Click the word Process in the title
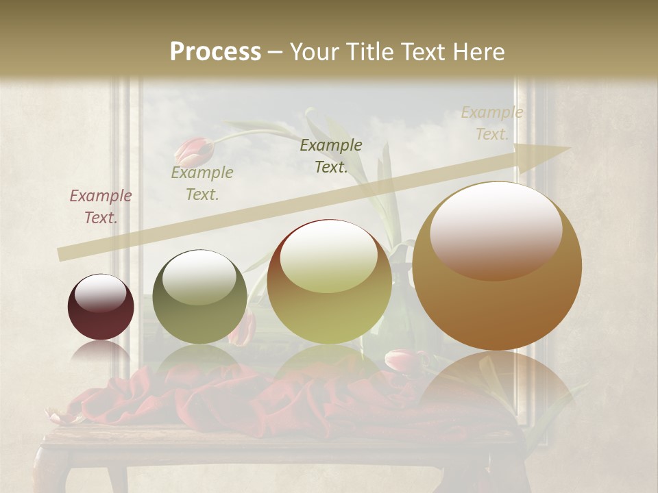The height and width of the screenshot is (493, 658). (x=215, y=52)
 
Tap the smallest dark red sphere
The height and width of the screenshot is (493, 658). (x=101, y=307)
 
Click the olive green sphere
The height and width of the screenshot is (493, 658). (x=199, y=296)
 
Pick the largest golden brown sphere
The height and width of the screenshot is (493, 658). (x=497, y=266)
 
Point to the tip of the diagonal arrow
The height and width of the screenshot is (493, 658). (x=569, y=149)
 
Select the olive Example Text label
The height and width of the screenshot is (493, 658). (x=202, y=184)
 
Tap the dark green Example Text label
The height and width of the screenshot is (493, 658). (x=331, y=155)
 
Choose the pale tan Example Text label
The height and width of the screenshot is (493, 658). (x=491, y=123)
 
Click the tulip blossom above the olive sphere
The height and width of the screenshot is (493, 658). (x=193, y=151)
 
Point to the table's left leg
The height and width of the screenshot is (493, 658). (x=55, y=472)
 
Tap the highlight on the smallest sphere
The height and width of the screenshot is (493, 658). (x=101, y=292)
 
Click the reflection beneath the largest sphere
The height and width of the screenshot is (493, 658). (x=496, y=390)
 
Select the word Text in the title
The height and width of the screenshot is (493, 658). (x=425, y=52)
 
